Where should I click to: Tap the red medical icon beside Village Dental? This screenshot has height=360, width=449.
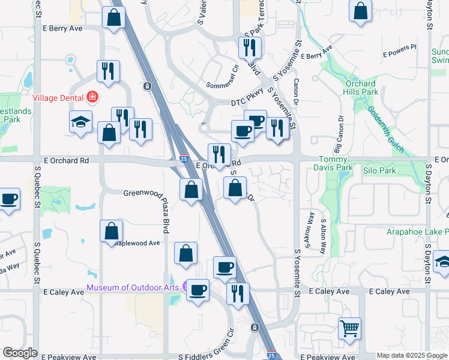coord(92,97)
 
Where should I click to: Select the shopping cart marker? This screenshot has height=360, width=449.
coord(349,328)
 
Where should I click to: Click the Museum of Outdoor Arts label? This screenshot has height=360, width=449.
coord(133,287)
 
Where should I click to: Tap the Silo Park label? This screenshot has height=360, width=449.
coord(379,171)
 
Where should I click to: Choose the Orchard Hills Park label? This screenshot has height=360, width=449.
coord(361,88)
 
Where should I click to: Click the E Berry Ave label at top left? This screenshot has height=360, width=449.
coord(62,28)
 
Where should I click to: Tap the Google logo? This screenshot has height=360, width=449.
coord(20,353)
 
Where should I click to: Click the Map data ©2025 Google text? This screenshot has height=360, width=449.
coord(412,356)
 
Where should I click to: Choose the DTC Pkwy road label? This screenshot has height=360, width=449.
coord(247,103)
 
